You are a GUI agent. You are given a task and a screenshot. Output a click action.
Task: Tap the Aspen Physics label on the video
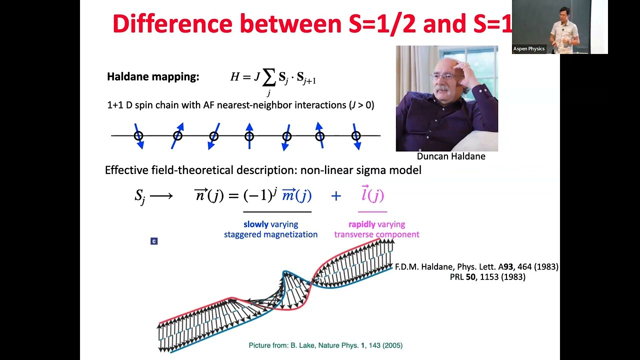(528, 49)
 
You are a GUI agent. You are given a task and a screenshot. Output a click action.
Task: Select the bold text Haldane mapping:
(153, 77)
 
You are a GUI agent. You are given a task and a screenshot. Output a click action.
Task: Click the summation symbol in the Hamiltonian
(269, 78)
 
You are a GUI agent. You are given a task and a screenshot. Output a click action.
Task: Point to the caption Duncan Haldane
(450, 156)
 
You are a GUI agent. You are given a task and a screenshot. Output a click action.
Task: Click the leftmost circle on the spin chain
(138, 135)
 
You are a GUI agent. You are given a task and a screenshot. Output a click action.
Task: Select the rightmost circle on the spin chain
(356, 135)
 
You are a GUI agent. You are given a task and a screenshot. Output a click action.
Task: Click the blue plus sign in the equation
(335, 196)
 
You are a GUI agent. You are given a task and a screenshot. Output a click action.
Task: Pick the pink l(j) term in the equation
(372, 194)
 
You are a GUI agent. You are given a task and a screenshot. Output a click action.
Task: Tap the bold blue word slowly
(256, 224)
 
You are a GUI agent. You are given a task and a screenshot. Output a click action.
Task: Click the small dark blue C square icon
(154, 241)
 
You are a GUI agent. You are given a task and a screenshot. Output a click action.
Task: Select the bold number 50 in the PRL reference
(470, 276)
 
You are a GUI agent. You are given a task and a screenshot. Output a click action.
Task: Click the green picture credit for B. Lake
(325, 345)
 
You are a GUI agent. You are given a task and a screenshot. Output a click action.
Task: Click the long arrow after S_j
(161, 196)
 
